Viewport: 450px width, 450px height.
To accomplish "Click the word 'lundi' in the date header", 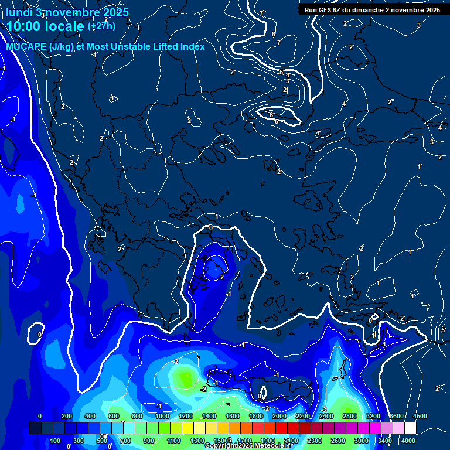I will pyautogui.click(x=19, y=12).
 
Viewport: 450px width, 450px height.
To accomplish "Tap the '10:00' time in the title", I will pyautogui.click(x=26, y=26).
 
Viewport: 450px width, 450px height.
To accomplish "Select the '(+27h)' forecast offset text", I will pyautogui.click(x=101, y=26).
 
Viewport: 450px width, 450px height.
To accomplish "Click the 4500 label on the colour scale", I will pyautogui.click(x=420, y=416).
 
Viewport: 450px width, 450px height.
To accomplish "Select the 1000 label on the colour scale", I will pyautogui.click(x=162, y=416).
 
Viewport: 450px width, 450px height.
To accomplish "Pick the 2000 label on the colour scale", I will pyautogui.click(x=279, y=416).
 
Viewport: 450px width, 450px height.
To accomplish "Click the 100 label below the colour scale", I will pyautogui.click(x=55, y=441).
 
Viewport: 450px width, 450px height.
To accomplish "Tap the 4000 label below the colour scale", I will pyautogui.click(x=408, y=441).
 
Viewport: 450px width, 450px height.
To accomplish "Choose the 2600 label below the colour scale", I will pyautogui.click(x=338, y=441).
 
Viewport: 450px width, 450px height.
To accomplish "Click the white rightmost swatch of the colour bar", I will pyautogui.click(x=410, y=428).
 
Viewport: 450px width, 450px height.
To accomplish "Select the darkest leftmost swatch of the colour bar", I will pyautogui.click(x=35, y=428).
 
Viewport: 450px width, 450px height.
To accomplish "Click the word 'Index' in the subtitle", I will pyautogui.click(x=193, y=46).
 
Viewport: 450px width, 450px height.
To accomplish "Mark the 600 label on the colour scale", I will pyautogui.click(x=114, y=416).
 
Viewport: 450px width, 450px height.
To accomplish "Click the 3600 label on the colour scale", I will pyautogui.click(x=397, y=416).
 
